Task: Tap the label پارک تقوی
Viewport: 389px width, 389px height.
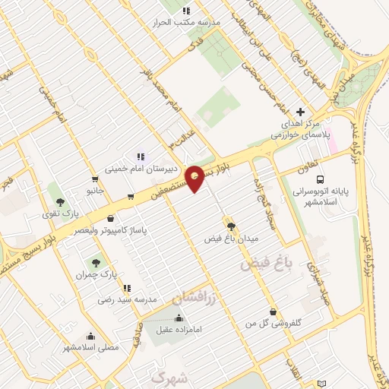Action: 59,214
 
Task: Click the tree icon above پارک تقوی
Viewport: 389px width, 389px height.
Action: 59,202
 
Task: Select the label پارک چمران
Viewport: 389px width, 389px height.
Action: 99,274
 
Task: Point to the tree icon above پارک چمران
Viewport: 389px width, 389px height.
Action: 96,262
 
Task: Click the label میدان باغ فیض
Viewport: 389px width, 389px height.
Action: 233,239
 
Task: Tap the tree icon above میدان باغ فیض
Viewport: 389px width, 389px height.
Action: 231,226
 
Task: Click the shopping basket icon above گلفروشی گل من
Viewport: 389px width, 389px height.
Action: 273,312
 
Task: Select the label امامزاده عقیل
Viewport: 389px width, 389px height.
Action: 180,330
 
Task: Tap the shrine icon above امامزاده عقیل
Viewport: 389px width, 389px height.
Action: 179,318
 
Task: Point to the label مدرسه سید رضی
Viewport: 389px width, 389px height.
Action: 127,300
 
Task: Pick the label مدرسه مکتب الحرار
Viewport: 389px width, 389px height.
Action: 191,22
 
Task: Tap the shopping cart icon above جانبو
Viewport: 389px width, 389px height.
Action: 95,180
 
